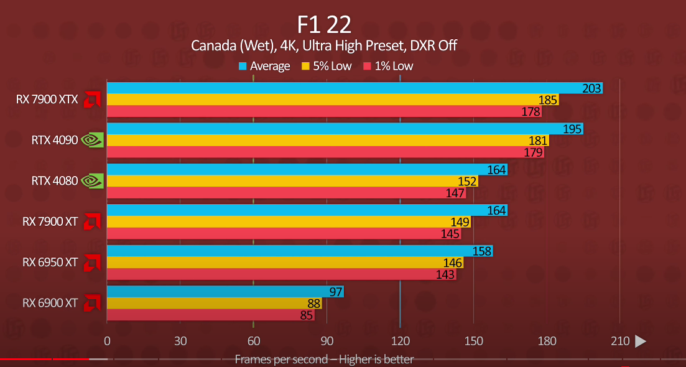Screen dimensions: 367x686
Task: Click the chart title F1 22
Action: point(324,24)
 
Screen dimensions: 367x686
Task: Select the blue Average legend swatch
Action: point(243,66)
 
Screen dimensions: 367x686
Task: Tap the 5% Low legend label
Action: point(331,66)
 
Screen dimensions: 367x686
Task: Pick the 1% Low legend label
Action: point(394,66)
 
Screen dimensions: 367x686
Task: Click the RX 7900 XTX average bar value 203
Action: point(591,88)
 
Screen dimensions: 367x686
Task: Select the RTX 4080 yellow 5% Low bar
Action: point(292,181)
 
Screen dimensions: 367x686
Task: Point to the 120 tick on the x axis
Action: point(401,341)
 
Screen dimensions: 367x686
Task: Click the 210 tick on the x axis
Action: point(620,341)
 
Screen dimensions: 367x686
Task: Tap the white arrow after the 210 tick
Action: point(640,341)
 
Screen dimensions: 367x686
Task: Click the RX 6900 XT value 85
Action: point(305,315)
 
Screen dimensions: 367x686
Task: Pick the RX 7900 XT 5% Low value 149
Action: point(460,222)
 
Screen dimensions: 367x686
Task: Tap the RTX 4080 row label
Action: point(55,181)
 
